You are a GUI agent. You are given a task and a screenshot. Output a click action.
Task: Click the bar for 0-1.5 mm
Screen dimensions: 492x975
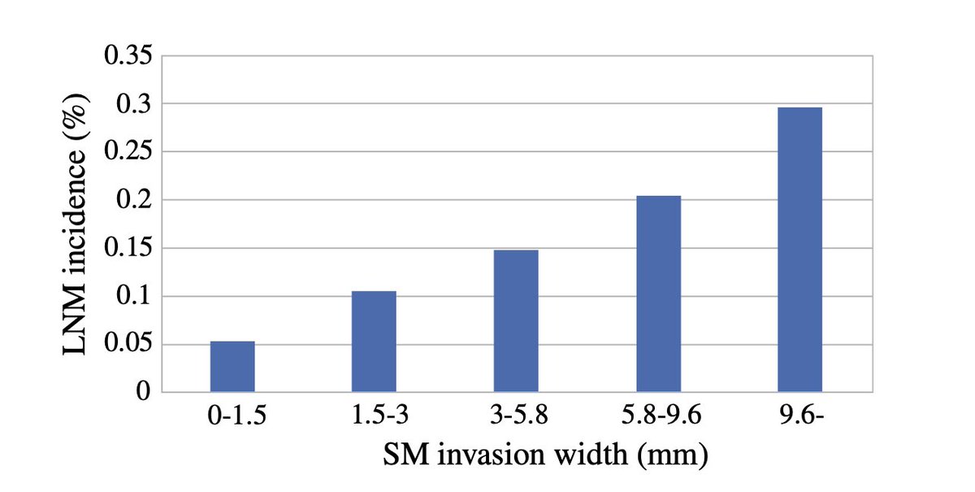(232, 367)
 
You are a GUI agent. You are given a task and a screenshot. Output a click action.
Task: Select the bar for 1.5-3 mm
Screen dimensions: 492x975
(374, 342)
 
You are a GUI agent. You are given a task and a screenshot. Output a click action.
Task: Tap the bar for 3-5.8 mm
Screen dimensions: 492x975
(516, 321)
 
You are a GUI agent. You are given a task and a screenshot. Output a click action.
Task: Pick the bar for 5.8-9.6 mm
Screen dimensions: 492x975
(658, 294)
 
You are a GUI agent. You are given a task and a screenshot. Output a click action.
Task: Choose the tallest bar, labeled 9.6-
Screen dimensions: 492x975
(799, 250)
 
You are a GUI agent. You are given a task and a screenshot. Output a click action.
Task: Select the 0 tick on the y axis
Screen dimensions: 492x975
(145, 393)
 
